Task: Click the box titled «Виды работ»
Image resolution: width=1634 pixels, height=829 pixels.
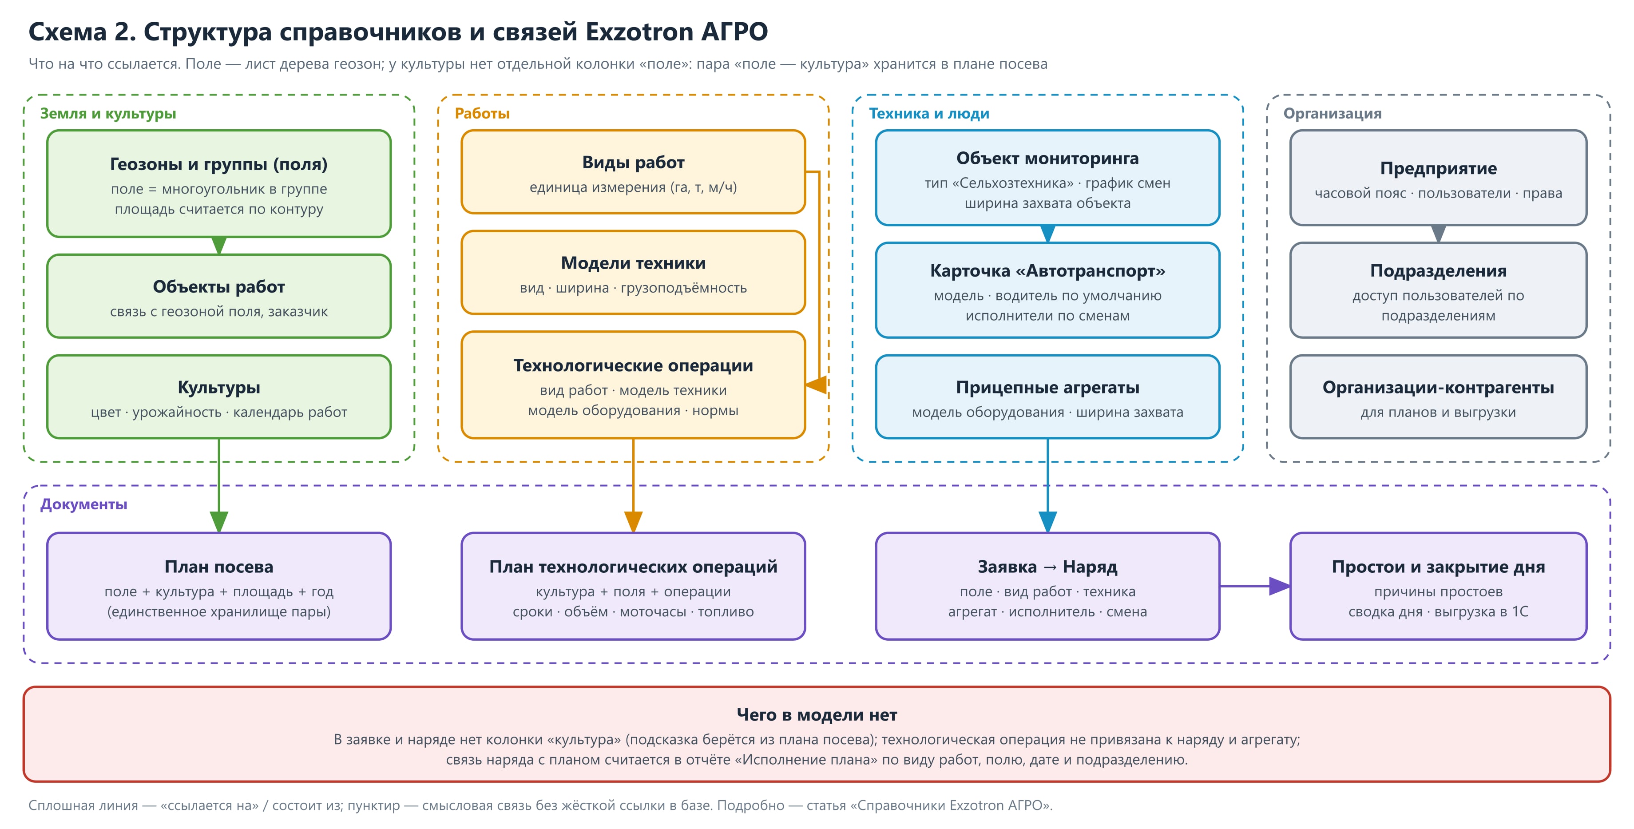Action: point(633,172)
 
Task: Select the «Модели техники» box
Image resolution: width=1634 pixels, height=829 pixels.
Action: point(633,273)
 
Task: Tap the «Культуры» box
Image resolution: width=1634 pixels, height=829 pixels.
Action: point(219,397)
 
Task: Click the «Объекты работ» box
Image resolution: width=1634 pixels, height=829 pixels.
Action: point(219,296)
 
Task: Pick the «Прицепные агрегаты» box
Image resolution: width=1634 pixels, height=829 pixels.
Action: point(1047,397)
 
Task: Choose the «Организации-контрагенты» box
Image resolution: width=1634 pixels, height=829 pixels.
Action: point(1438,397)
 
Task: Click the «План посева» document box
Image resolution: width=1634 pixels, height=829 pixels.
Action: point(219,586)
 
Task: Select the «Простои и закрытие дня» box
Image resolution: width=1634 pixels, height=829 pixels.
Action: point(1438,586)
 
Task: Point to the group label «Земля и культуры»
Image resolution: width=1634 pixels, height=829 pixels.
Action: point(108,114)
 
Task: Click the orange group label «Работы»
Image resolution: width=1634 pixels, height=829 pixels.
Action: point(482,114)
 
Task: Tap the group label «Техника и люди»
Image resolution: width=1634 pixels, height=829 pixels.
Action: point(928,114)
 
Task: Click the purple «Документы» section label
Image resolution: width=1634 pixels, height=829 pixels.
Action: point(84,504)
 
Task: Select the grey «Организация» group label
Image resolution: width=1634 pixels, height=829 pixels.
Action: point(1332,114)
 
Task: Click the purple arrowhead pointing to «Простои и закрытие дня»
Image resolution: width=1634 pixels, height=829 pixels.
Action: point(1279,586)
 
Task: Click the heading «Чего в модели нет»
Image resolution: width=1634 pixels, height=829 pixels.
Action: point(817,715)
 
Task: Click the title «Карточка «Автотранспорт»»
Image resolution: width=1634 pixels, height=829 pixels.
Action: point(1047,271)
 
